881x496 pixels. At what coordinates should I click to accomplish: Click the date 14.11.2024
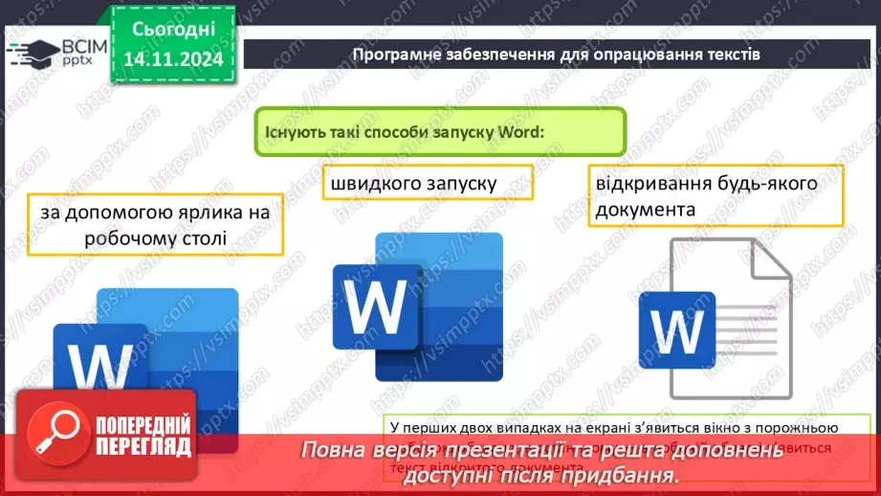(x=173, y=59)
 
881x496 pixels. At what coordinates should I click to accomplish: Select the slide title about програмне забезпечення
(x=556, y=54)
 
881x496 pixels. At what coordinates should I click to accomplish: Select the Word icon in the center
(x=417, y=305)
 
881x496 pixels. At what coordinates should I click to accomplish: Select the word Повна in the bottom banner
(x=334, y=451)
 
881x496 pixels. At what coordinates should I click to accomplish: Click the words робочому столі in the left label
(x=156, y=237)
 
